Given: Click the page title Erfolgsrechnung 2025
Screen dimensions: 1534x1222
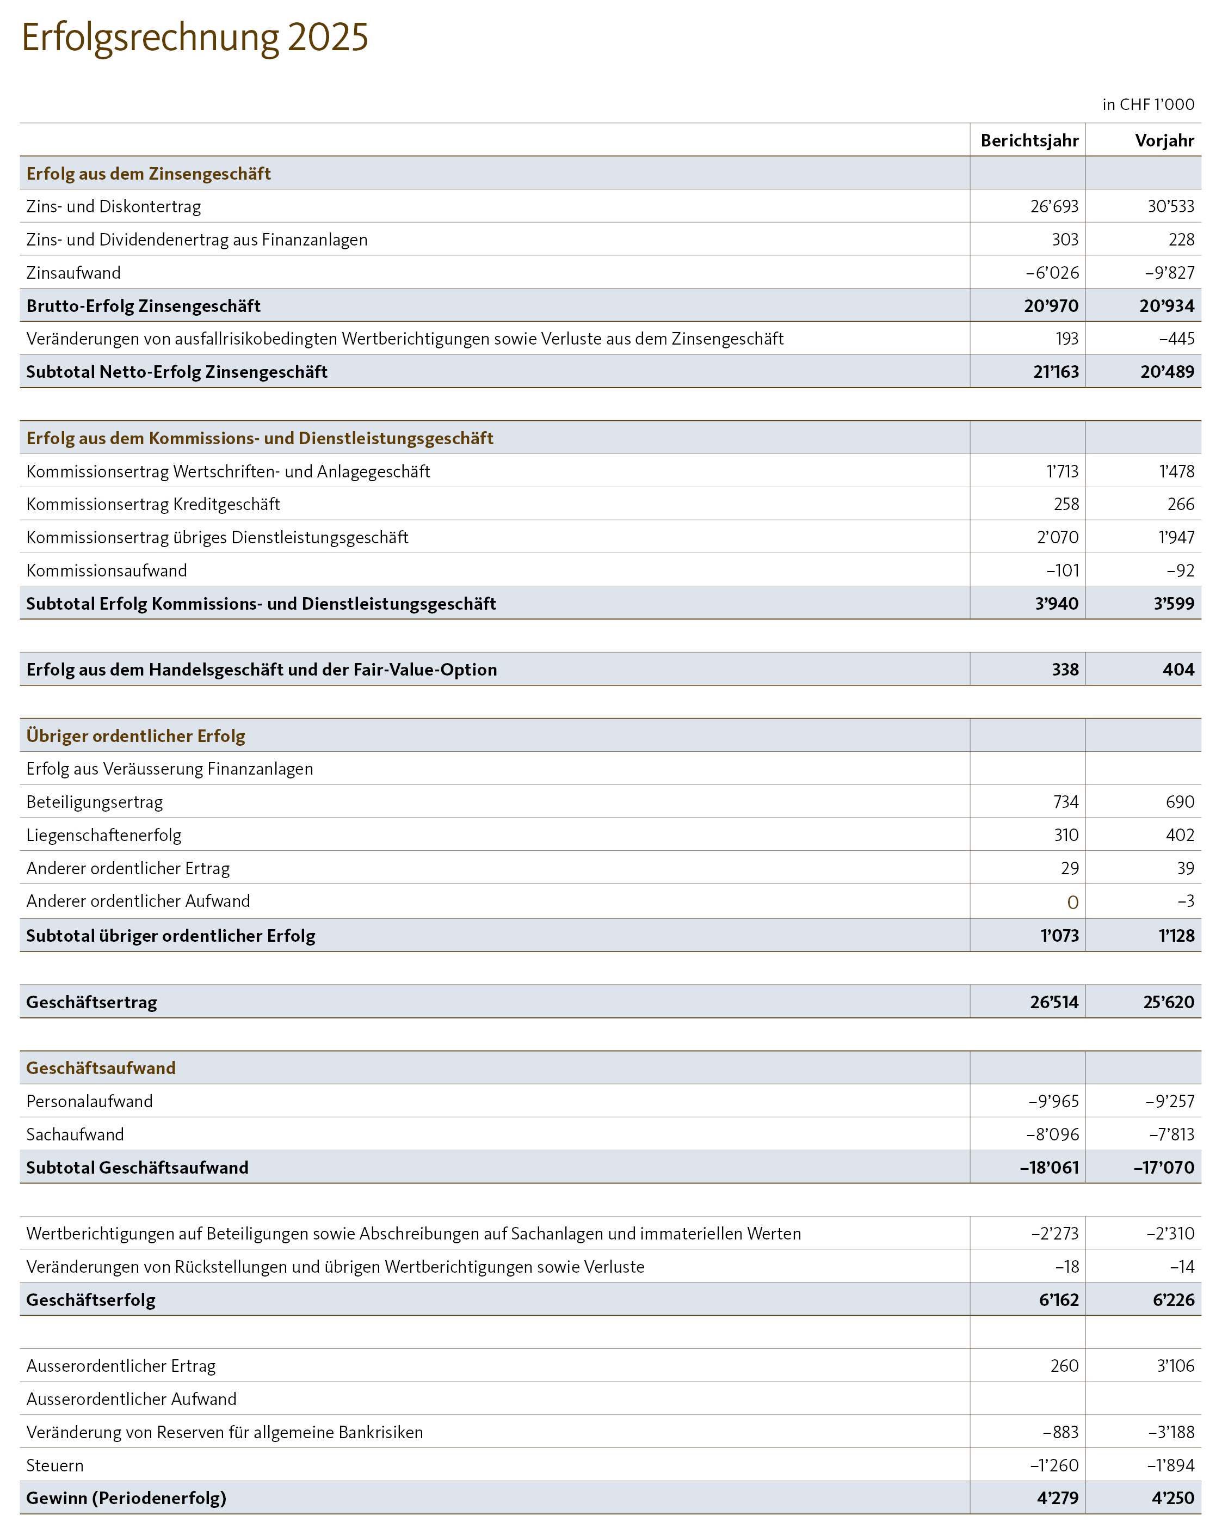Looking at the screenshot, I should (x=195, y=38).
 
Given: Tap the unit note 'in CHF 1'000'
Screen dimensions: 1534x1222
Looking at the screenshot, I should (x=1147, y=105).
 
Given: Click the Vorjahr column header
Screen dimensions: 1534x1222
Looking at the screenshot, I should (x=1164, y=140).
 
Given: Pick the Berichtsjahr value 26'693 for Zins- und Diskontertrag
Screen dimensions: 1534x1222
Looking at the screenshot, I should (x=1053, y=206).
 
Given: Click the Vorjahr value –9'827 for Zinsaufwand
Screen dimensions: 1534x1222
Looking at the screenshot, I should (x=1169, y=273).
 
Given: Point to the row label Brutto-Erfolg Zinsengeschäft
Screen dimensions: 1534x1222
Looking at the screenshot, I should (x=143, y=306).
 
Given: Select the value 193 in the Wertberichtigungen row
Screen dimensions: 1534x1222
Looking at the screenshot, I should (x=1066, y=339).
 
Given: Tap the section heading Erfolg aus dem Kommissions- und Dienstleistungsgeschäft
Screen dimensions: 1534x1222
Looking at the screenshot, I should (x=260, y=438).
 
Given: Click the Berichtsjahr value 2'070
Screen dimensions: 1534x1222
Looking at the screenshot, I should (x=1057, y=537).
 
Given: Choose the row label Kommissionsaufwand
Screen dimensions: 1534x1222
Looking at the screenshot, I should (x=107, y=570).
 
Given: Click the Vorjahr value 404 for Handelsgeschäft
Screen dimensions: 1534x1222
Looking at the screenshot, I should (x=1178, y=670).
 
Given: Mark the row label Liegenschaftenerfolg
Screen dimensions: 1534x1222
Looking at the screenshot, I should (x=104, y=835).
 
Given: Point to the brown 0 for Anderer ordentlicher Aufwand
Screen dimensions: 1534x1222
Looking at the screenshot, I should (x=1072, y=902).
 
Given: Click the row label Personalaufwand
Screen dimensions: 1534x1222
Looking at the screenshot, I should (x=90, y=1101).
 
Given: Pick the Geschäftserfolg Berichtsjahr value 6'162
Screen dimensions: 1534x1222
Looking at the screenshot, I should (x=1058, y=1300).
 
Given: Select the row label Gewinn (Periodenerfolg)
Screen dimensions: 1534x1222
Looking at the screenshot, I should (x=126, y=1498).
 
